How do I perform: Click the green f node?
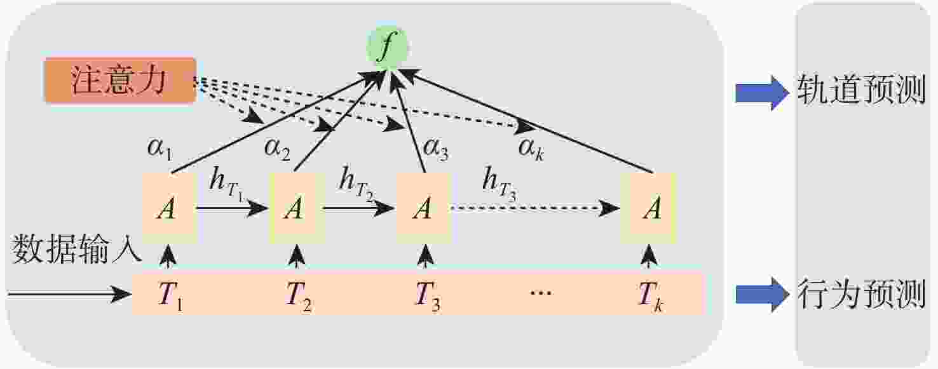(x=384, y=48)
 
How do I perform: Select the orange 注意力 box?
(x=119, y=81)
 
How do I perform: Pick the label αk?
(x=531, y=151)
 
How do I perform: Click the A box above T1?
(x=167, y=208)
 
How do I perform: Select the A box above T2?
(x=294, y=208)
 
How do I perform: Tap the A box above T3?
(x=423, y=208)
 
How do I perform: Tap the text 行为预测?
(x=861, y=293)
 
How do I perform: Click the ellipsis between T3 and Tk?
(x=540, y=293)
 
